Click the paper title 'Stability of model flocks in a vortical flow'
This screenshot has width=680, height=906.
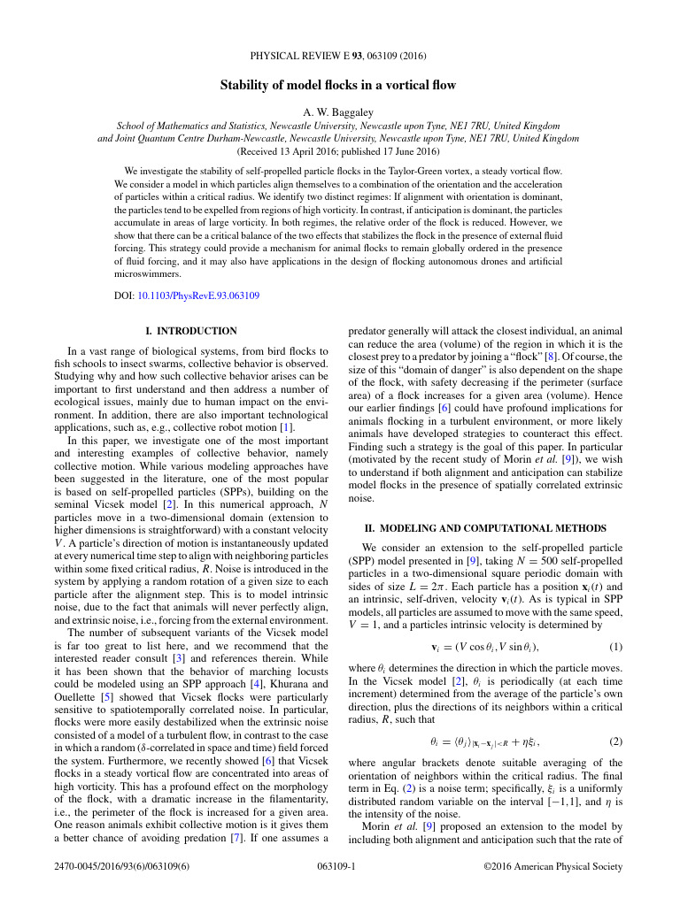click(x=338, y=85)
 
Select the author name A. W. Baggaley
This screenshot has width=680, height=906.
click(x=338, y=111)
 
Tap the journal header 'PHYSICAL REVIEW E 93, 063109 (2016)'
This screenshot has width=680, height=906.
click(x=338, y=54)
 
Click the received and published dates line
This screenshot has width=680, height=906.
click(x=338, y=151)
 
